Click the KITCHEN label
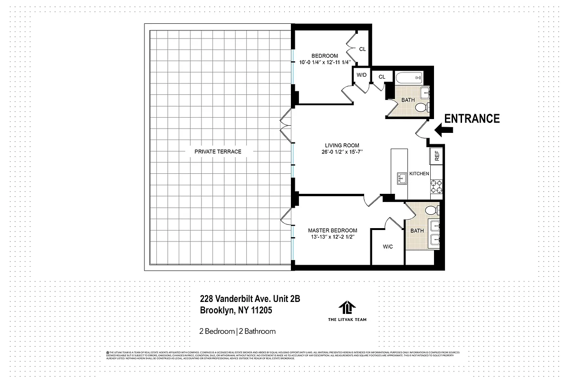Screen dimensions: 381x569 tap(419, 174)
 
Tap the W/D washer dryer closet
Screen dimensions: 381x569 tap(362, 75)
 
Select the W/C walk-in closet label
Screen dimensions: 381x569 tap(387, 247)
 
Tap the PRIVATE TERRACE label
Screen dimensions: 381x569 tap(218, 151)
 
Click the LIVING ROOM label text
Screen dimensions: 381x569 tap(342, 146)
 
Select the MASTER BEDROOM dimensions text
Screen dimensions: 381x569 tap(332, 237)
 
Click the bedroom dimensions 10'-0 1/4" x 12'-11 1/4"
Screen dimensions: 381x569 tap(325, 62)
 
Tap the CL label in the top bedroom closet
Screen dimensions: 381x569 tap(362, 49)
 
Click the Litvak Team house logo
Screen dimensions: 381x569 tap(347, 308)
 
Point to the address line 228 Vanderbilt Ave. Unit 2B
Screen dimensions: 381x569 tap(250, 299)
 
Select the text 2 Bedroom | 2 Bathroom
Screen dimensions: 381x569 tap(237, 331)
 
